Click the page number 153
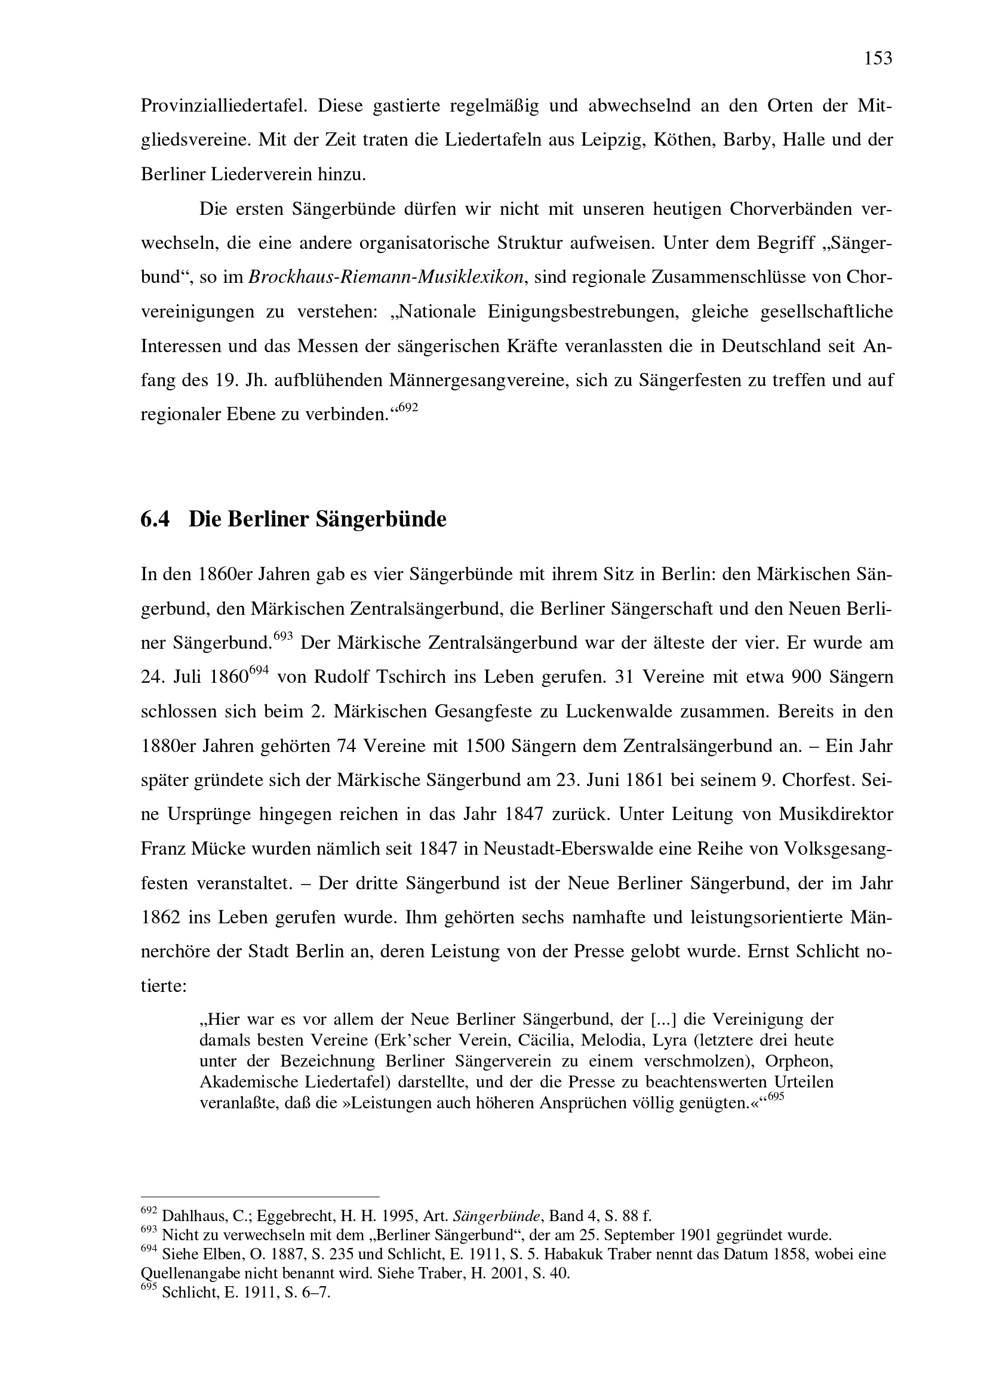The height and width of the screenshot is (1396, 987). (x=878, y=59)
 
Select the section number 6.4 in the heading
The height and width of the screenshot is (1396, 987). (x=155, y=519)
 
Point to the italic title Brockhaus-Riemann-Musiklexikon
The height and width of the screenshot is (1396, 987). (x=386, y=278)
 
